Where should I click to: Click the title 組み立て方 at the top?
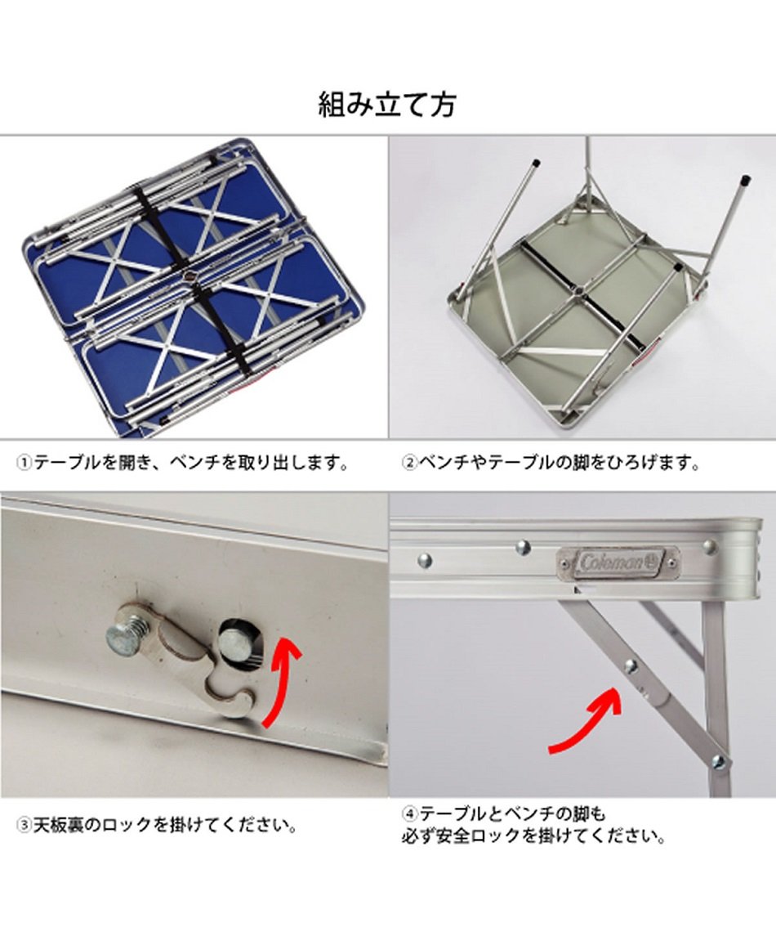(387, 105)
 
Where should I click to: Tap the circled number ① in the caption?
(25, 464)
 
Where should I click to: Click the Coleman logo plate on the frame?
(618, 562)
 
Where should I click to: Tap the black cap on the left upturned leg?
(536, 163)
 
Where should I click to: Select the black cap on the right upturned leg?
(745, 179)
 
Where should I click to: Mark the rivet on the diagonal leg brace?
(631, 665)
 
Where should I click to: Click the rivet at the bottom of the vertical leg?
(718, 762)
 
